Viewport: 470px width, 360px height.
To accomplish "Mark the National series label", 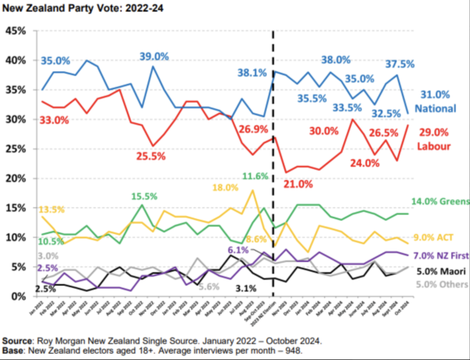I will (436, 107).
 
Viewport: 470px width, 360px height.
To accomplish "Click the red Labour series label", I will (433, 146).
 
